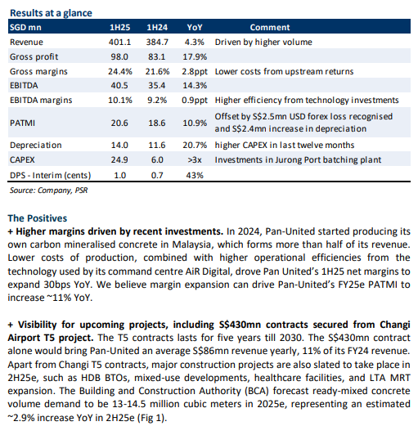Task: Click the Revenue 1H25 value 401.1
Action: [x=119, y=42]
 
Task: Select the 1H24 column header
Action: [x=157, y=27]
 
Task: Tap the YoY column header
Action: [x=195, y=27]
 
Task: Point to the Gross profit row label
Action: [x=34, y=56]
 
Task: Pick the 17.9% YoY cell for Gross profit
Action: [x=195, y=56]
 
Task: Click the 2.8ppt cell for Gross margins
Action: [x=195, y=71]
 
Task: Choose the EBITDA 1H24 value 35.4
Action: [x=157, y=86]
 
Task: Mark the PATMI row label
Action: [x=22, y=123]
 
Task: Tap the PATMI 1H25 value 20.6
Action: [x=119, y=123]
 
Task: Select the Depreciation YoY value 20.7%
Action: [x=195, y=145]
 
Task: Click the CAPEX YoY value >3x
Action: [x=195, y=159]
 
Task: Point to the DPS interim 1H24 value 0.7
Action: [x=157, y=175]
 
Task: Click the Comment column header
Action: [x=270, y=27]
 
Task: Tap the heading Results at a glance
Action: [x=51, y=13]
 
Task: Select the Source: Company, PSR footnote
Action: [x=49, y=191]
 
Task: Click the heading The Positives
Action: [x=38, y=218]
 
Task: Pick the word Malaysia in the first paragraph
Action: [x=191, y=244]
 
